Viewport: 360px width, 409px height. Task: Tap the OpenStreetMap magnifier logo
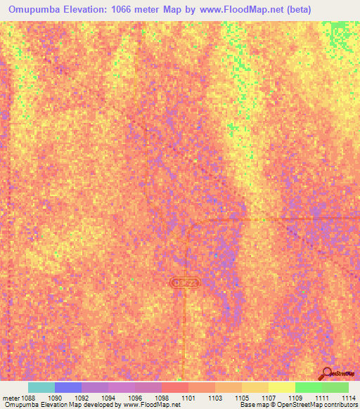(326, 372)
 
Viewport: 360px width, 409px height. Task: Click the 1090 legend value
(55, 397)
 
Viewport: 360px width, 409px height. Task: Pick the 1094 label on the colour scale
(109, 397)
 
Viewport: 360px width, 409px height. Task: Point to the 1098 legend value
(162, 397)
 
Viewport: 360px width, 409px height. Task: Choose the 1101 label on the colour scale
(189, 397)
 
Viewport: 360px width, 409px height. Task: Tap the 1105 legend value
(243, 397)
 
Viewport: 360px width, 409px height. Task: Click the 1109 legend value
(296, 397)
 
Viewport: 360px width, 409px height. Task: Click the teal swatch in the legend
(41, 387)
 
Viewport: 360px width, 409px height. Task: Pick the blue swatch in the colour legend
(68, 387)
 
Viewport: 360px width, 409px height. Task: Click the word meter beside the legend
(11, 397)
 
